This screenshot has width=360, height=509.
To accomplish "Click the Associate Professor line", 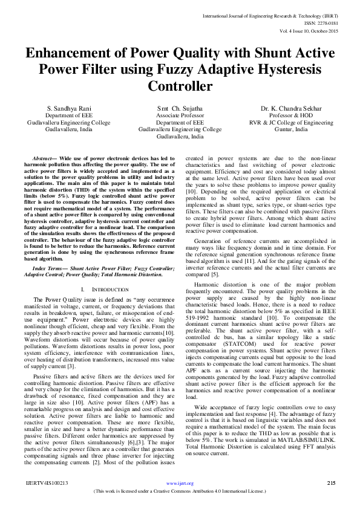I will click(180, 115).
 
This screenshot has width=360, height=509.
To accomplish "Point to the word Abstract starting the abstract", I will click(43, 157).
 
